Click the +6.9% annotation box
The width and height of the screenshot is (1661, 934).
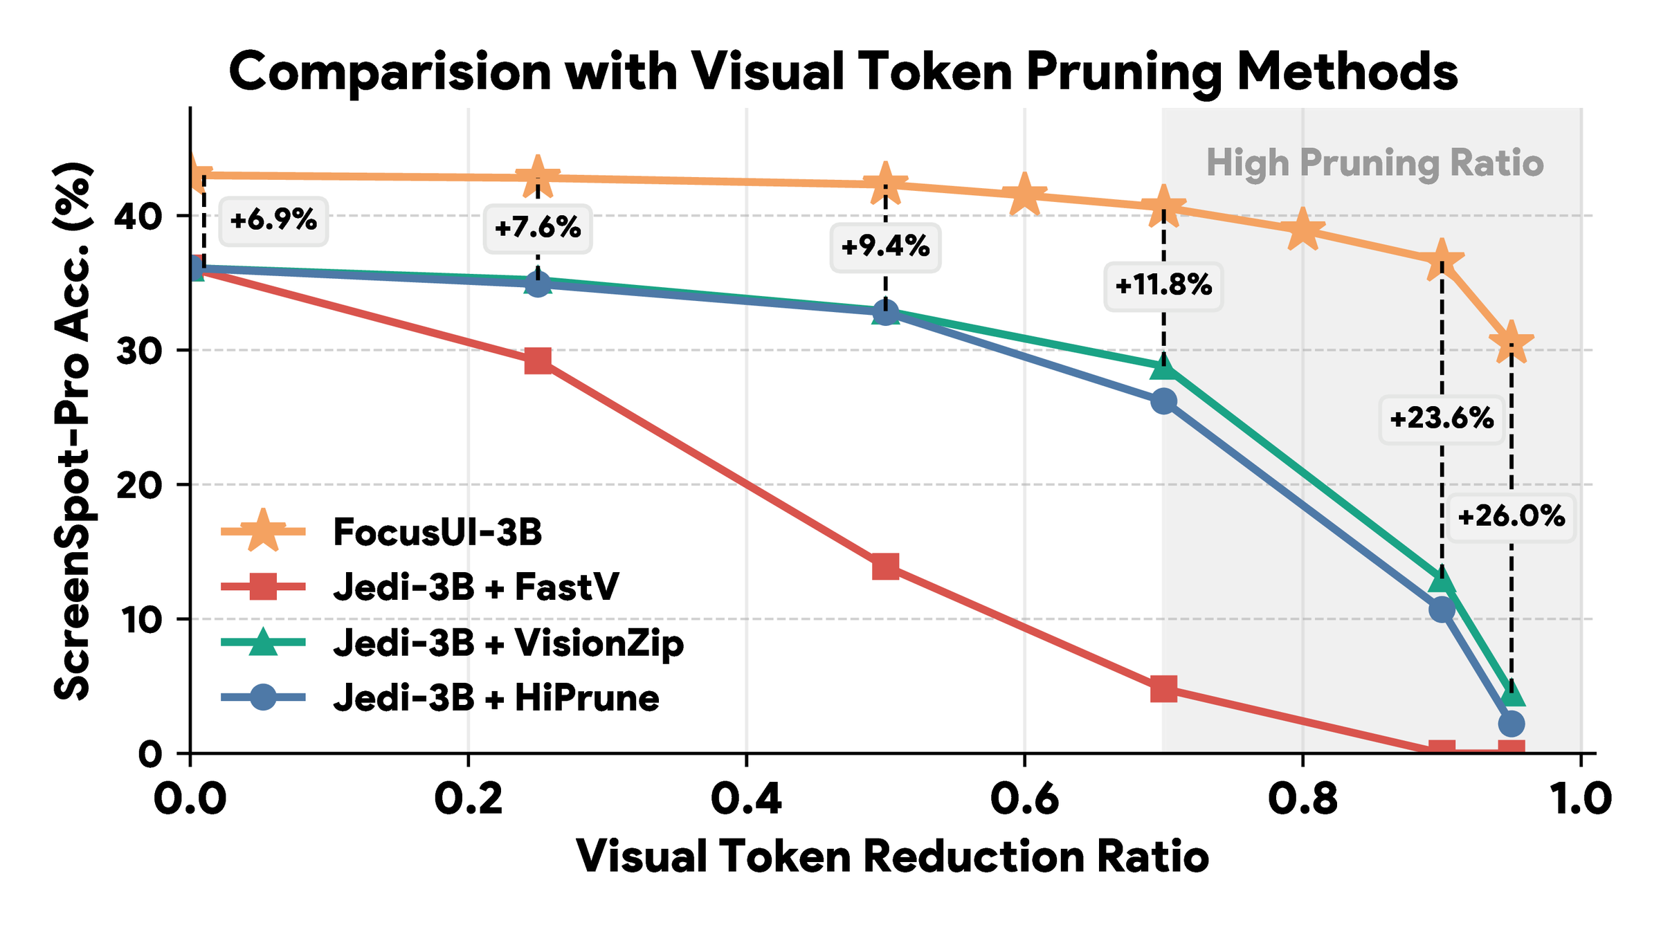(273, 221)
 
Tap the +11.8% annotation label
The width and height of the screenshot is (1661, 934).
(1163, 285)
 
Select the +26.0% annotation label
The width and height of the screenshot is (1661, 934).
(1511, 517)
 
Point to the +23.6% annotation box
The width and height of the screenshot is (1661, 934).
(1442, 419)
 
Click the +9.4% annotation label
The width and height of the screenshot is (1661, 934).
(885, 246)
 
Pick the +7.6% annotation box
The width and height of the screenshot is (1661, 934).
(538, 228)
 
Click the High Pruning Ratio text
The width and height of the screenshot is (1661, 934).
(1374, 163)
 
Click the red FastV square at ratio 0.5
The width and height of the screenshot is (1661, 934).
(885, 567)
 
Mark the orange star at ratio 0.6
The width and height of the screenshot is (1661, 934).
(1024, 194)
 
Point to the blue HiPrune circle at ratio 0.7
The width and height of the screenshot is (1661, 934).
(1163, 401)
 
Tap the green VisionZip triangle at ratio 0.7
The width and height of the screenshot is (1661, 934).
(1163, 368)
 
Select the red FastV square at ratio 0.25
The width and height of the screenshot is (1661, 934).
(538, 360)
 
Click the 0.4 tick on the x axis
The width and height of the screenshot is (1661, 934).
(746, 799)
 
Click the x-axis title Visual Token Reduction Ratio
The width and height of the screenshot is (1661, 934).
(892, 857)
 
